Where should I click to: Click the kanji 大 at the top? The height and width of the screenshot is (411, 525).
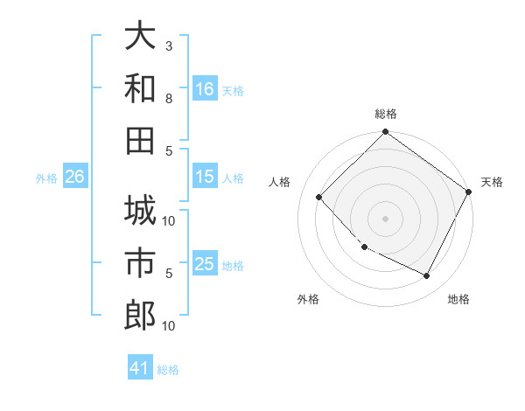(x=140, y=37)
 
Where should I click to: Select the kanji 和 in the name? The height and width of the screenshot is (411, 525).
(x=140, y=88)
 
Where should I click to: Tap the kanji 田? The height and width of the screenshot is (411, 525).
(x=140, y=140)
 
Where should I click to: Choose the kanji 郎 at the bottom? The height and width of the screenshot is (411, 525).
(x=140, y=314)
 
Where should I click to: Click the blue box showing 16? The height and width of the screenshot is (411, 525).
(x=205, y=88)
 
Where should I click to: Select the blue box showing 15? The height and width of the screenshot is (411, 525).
(x=205, y=177)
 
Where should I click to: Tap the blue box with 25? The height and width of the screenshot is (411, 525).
(x=205, y=264)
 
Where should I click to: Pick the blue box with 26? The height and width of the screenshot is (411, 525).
(x=74, y=177)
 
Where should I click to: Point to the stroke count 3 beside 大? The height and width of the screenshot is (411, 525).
(x=169, y=45)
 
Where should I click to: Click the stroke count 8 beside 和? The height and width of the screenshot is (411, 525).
(x=169, y=98)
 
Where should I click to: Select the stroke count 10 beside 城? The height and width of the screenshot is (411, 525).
(x=170, y=220)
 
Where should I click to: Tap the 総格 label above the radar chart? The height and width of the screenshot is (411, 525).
(x=385, y=114)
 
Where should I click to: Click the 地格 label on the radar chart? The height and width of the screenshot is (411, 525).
(x=458, y=300)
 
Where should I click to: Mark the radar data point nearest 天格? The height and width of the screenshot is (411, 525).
(x=469, y=192)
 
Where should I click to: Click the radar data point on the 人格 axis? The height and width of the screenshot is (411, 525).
(x=319, y=198)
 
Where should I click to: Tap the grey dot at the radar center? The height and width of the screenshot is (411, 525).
(x=385, y=219)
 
